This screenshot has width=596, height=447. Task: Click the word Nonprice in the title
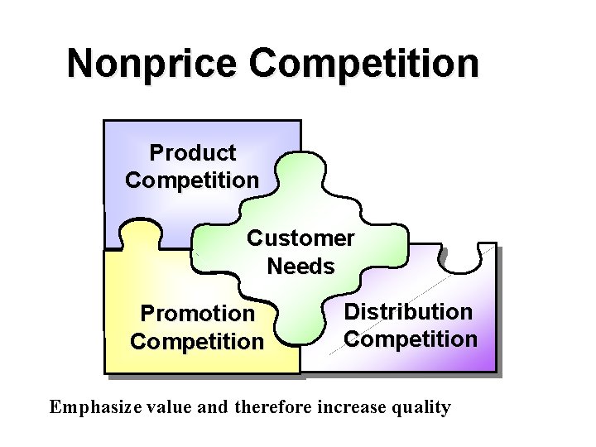click(x=151, y=64)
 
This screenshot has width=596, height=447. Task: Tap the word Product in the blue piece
click(x=192, y=153)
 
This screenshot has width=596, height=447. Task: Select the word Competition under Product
click(x=192, y=180)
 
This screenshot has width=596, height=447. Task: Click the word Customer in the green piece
click(x=300, y=238)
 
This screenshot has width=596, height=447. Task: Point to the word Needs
click(x=300, y=267)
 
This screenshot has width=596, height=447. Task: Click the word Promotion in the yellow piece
click(x=197, y=314)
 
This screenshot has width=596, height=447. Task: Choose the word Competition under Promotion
click(x=197, y=341)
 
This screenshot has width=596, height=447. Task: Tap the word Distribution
click(x=408, y=312)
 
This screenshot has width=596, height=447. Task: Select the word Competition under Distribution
click(x=411, y=339)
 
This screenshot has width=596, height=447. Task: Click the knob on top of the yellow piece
click(x=141, y=234)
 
